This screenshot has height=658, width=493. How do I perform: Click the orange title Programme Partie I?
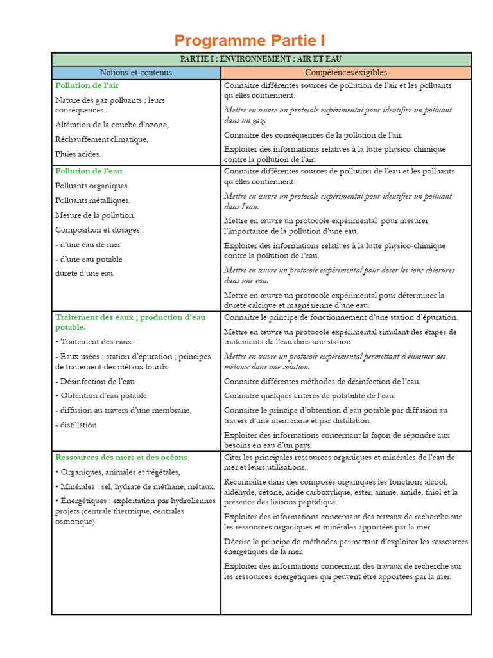click(250, 41)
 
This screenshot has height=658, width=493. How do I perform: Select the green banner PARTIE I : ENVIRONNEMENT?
click(261, 59)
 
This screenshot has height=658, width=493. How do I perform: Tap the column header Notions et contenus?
click(136, 73)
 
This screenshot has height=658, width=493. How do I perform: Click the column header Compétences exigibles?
click(346, 73)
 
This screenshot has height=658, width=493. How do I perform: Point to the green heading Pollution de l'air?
click(87, 85)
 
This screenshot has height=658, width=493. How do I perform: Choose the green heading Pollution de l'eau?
click(89, 172)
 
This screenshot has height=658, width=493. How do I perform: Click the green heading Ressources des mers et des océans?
click(121, 458)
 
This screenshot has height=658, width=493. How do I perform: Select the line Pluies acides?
click(78, 154)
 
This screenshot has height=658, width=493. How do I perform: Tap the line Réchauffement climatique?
click(101, 139)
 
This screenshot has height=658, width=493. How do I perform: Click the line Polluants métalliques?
click(92, 200)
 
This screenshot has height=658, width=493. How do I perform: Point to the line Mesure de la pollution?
click(95, 215)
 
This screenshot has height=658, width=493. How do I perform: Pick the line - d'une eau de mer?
click(88, 245)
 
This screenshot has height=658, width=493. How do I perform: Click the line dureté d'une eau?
click(85, 274)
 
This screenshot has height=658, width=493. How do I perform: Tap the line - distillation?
click(76, 425)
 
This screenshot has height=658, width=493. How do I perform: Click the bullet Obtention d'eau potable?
click(101, 396)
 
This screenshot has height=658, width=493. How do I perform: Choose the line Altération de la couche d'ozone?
click(112, 125)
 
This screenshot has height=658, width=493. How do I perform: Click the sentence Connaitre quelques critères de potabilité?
click(309, 396)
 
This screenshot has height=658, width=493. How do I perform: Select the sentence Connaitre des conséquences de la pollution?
click(313, 135)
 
